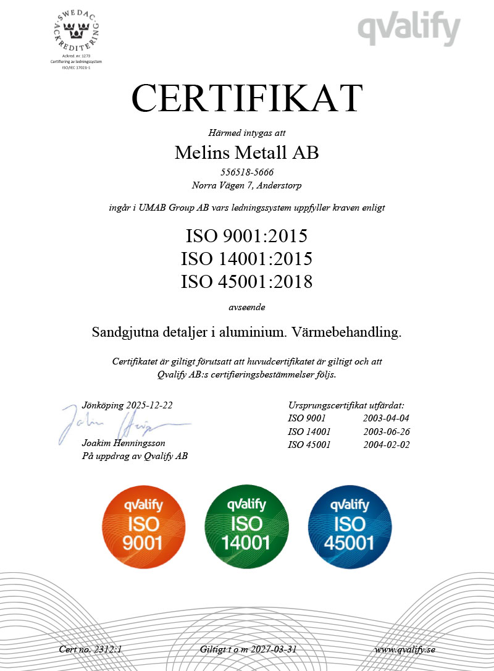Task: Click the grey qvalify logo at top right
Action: click(x=409, y=28)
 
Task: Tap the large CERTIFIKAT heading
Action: click(x=247, y=98)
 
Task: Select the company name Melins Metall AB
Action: click(x=247, y=153)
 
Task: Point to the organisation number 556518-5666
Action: click(x=247, y=172)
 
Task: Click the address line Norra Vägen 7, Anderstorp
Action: click(x=247, y=184)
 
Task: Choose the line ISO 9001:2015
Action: click(x=247, y=235)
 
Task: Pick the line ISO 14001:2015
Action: click(x=247, y=258)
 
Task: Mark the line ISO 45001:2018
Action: click(x=247, y=282)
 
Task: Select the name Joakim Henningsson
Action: click(x=124, y=444)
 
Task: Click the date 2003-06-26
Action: click(x=387, y=431)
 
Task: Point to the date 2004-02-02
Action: click(x=387, y=444)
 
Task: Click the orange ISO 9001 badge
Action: click(x=143, y=525)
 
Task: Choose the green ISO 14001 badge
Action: click(x=246, y=525)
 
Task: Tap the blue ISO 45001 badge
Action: click(x=350, y=525)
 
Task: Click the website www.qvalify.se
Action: click(x=405, y=649)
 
